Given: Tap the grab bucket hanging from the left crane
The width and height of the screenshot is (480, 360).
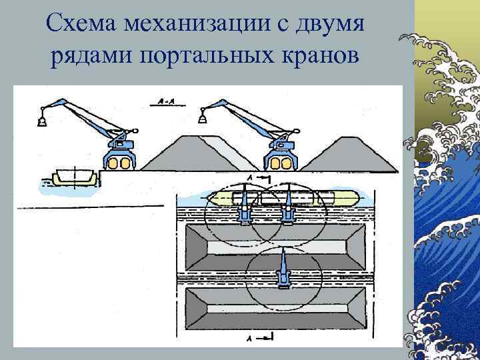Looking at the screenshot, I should [40, 120].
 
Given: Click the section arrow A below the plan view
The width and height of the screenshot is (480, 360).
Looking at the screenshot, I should [264, 339].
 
